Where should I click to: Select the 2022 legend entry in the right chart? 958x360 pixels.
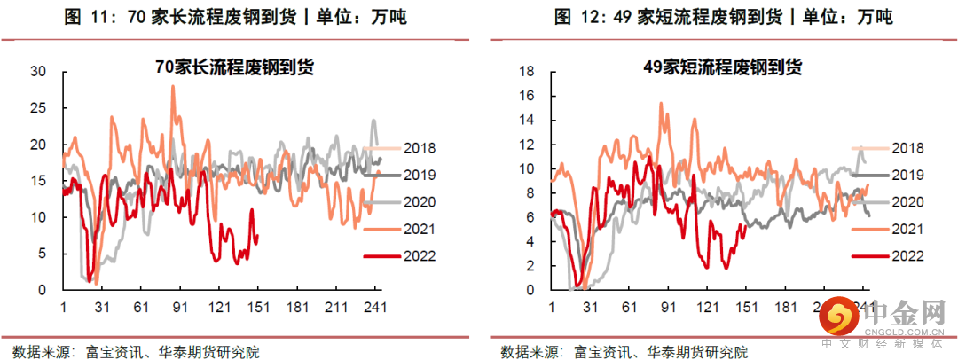tap(907, 255)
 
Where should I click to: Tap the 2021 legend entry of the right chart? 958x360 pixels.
tap(907, 229)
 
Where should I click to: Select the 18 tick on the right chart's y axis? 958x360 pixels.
tap(531, 72)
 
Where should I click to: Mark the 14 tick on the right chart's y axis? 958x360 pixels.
tap(531, 120)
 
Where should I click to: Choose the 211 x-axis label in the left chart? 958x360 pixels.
tap(335, 308)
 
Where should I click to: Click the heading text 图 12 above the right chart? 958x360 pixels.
tap(574, 18)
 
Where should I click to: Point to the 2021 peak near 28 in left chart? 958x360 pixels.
tap(172, 87)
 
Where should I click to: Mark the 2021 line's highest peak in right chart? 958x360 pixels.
tap(661, 103)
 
